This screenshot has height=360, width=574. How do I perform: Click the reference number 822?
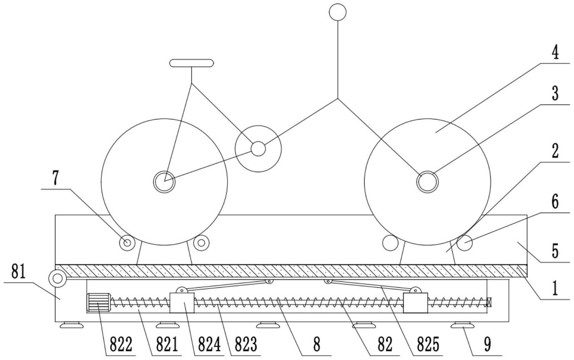121,344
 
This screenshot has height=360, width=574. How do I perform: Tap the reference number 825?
428,344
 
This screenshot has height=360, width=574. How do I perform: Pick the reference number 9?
487,344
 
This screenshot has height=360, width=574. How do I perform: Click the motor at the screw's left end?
99,303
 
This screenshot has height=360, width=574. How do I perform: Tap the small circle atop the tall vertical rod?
338,12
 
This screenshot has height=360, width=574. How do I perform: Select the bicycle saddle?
191,63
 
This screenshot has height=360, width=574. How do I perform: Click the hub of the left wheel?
164,182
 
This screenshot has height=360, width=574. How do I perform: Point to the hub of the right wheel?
427,182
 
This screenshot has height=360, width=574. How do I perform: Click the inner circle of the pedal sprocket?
258,149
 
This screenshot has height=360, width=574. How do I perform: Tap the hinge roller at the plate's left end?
58,279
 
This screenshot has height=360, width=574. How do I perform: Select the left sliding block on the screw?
182,303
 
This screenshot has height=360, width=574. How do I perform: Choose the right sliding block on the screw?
415,303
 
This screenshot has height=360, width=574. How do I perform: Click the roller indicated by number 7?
127,242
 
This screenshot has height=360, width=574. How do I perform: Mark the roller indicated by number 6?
464,242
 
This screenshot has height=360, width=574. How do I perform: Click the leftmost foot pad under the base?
72,325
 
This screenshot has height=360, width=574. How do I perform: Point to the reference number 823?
246,344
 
